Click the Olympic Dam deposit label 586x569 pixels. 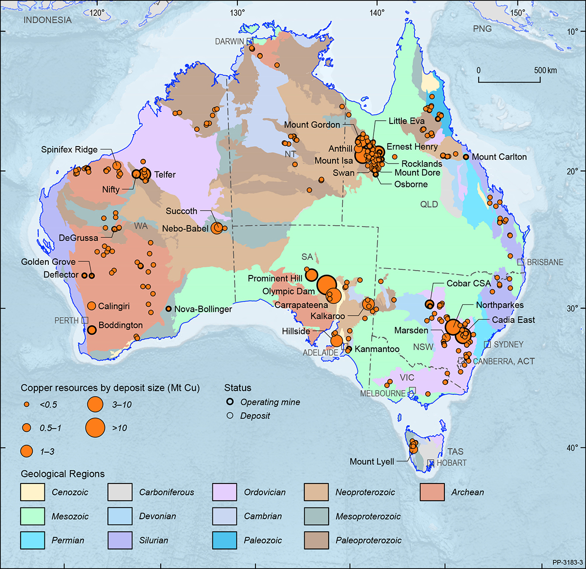(288, 292)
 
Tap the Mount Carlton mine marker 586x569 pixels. (466, 157)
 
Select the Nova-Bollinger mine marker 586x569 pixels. (168, 309)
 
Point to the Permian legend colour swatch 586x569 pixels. (33, 540)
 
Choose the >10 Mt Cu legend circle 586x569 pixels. (95, 427)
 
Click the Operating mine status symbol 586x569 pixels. (230, 402)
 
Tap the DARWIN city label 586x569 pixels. (229, 42)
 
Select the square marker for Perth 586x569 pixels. (85, 320)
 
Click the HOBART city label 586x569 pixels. (451, 463)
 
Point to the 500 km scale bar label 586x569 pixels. (545, 70)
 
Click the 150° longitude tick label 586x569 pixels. (518, 13)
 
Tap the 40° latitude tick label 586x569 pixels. (572, 448)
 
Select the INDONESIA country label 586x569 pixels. (47, 20)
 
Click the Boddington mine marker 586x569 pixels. (91, 330)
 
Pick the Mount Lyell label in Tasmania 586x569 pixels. (372, 462)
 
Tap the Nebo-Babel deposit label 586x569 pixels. (185, 229)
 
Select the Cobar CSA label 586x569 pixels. (468, 283)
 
